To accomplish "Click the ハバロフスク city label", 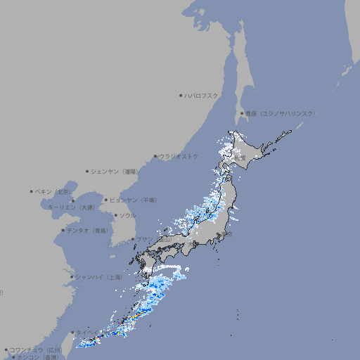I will tap(202, 95).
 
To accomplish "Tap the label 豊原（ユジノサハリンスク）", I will tap(280, 113).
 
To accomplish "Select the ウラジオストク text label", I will tap(179, 156).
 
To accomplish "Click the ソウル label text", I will tap(127, 215).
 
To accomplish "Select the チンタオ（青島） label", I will tap(87, 230).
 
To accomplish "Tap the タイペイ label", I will tap(87, 332).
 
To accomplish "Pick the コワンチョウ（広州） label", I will tap(36, 349).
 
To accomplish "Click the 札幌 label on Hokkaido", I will tap(240, 158).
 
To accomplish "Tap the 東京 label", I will tap(228, 235).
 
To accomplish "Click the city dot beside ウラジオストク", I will tap(155, 157).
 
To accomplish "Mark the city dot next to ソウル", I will tap(115, 216).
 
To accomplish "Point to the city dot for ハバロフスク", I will tap(181, 95).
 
